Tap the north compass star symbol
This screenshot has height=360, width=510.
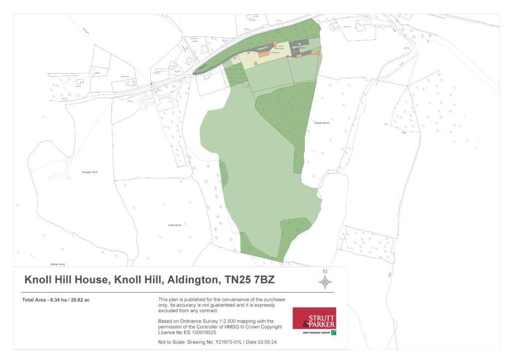coord(325,282)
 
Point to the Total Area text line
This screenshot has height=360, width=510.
coord(56,300)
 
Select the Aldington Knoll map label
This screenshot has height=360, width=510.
coord(90,172)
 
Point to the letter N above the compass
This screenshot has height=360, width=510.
coord(325,271)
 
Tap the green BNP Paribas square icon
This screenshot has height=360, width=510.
coord(333,332)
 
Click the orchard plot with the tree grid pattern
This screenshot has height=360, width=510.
coord(235,75)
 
